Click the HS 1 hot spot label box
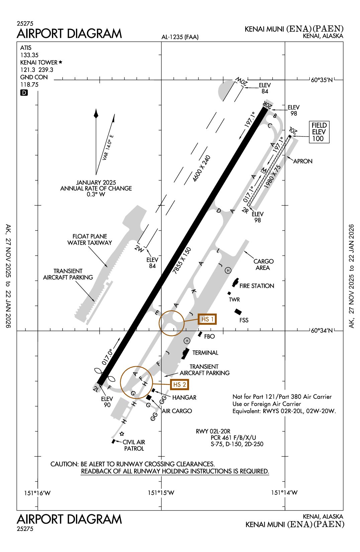pos(207,319)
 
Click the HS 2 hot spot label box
pos(179,384)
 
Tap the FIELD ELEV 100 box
pos(319,132)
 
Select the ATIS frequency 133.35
pos(29,55)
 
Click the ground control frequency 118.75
pos(29,85)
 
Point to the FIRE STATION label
pos(257,286)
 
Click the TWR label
pos(234,299)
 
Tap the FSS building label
pos(244,320)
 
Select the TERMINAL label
pos(205,353)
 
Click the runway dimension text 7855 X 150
pos(182,261)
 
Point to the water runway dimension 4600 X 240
pos(202,169)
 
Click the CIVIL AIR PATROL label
pos(134,445)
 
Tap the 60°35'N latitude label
pos(322,80)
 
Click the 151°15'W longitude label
pos(161,492)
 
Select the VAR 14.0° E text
pos(108,148)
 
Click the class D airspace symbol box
pos(24,93)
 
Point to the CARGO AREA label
pos(263,264)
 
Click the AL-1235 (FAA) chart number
pos(180,37)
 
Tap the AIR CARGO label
pos(177,411)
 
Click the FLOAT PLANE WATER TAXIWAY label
pos(90,240)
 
